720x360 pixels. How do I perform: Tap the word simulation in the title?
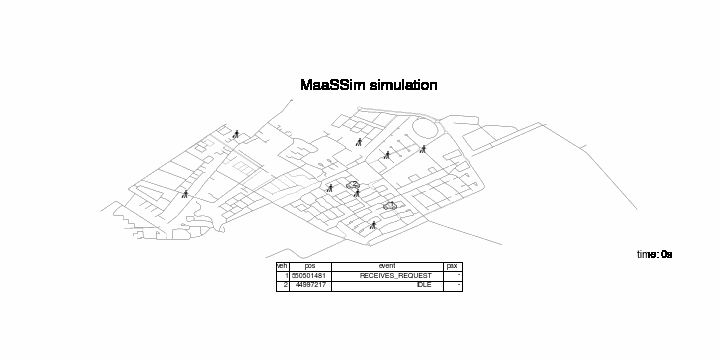pos(403,85)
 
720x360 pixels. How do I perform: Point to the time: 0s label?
pos(654,254)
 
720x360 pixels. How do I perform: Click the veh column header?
pos(282,266)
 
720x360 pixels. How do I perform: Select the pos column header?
pos(310,266)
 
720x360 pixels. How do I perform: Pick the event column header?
pos(387,266)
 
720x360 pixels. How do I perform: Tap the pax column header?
pos(452,266)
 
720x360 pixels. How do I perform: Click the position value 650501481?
pos(309,276)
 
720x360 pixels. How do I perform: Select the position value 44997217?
pos(311,285)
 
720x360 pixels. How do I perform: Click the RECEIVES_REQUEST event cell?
pos(396,276)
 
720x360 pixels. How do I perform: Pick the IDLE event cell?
pos(424,285)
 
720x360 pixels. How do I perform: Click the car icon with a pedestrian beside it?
pos(353,185)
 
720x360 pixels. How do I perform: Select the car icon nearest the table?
pos(390,206)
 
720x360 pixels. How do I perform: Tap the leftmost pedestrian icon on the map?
pos(185,194)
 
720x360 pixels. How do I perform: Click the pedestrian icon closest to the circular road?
pos(423,149)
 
